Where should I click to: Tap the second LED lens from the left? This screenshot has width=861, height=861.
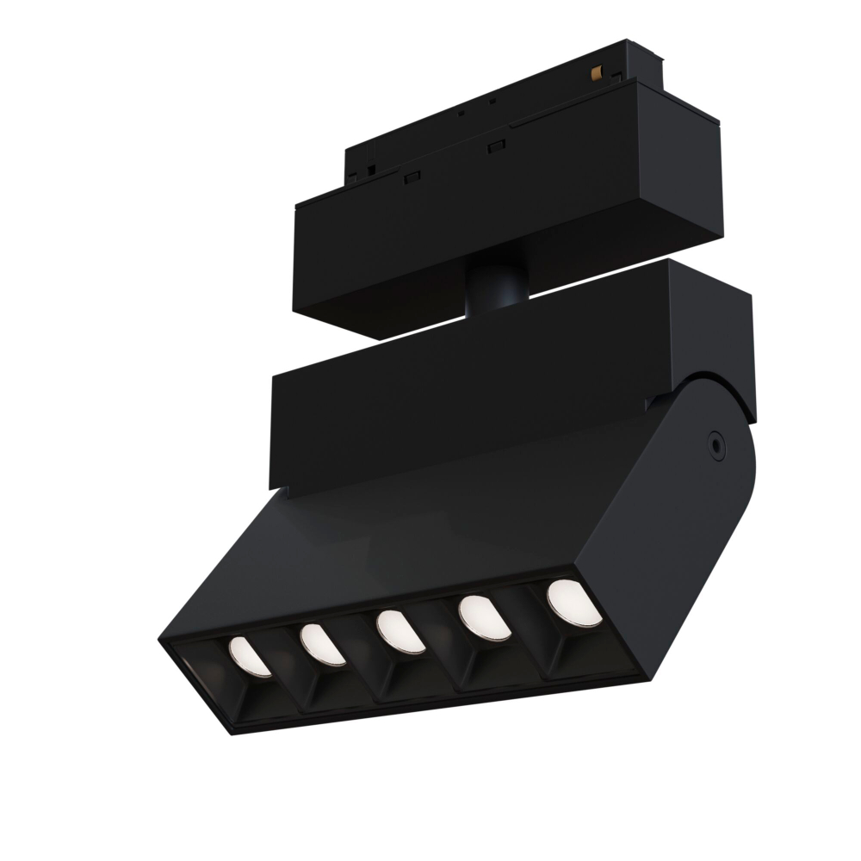pyautogui.click(x=323, y=644)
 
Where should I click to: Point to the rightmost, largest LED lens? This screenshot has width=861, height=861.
pyautogui.click(x=573, y=601)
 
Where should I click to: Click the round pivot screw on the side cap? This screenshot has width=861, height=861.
pyautogui.click(x=714, y=443)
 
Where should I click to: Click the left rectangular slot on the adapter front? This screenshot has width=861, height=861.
pyautogui.click(x=412, y=176)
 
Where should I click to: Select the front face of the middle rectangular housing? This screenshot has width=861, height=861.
pyautogui.click(x=465, y=396)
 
